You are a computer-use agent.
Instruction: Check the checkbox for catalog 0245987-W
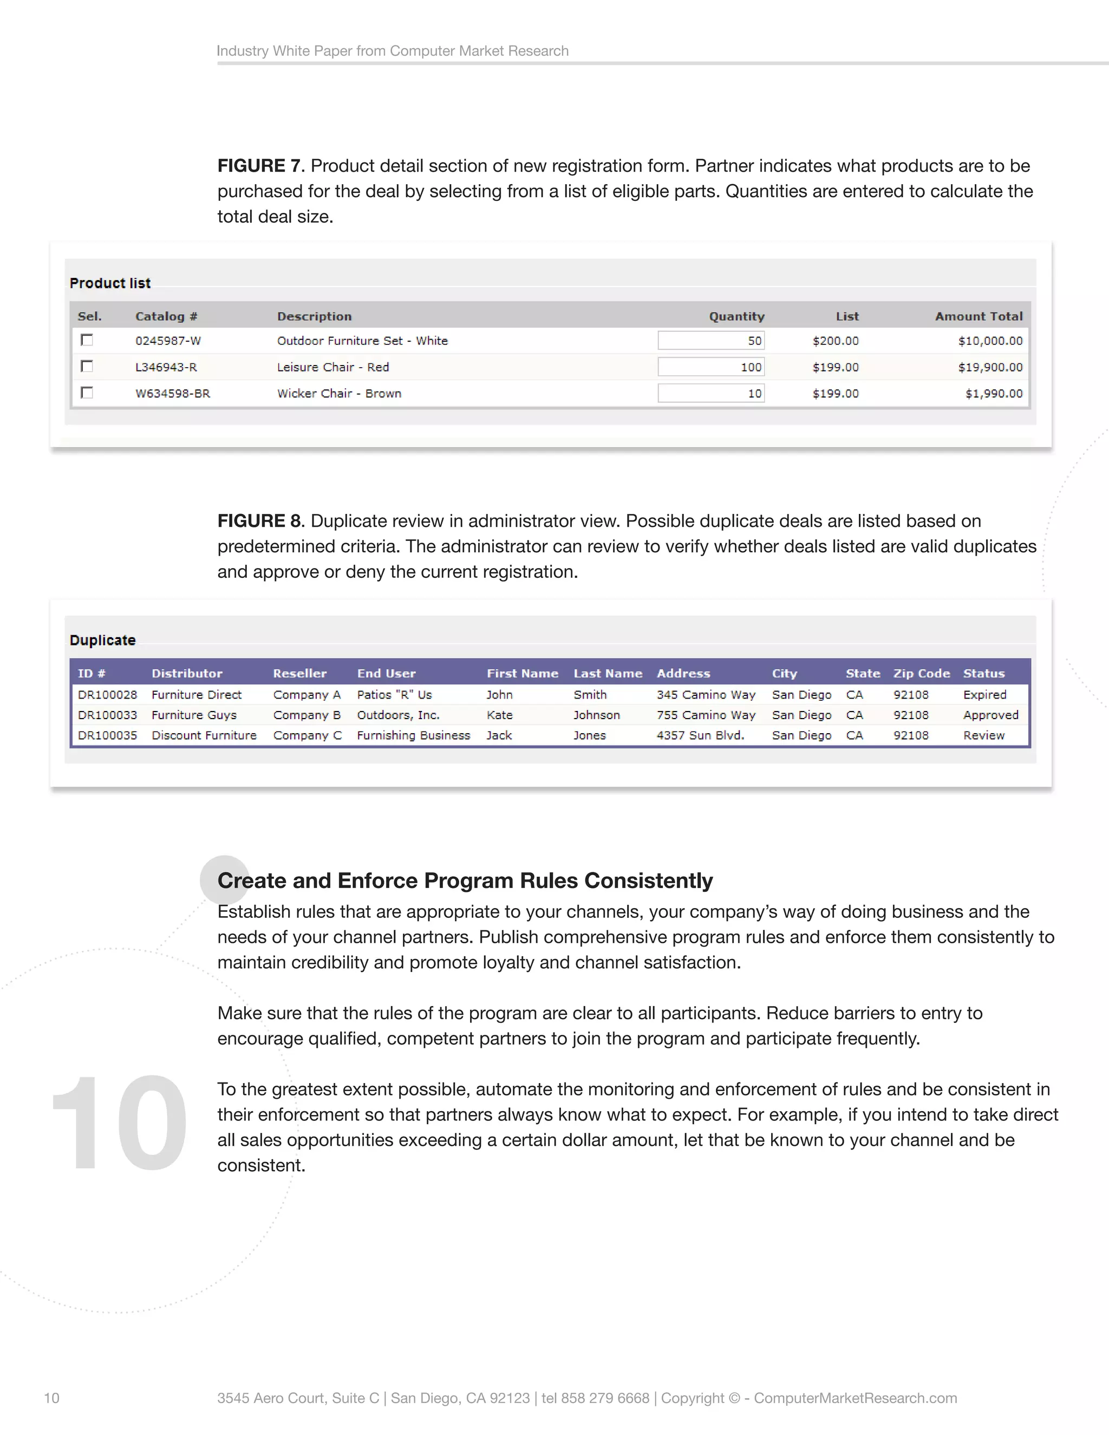pyautogui.click(x=87, y=340)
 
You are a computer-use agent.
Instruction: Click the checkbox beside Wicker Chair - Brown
pyautogui.click(x=87, y=392)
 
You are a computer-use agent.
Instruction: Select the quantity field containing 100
pyautogui.click(x=711, y=367)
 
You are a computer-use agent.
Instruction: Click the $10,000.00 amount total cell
pyautogui.click(x=989, y=341)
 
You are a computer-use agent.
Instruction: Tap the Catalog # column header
pyautogui.click(x=166, y=316)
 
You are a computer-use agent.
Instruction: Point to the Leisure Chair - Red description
pyautogui.click(x=332, y=367)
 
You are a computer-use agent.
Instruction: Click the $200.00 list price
pyautogui.click(x=835, y=341)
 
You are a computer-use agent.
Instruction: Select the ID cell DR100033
pyautogui.click(x=107, y=715)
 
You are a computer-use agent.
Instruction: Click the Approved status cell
pyautogui.click(x=990, y=715)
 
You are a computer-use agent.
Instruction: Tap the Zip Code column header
pyautogui.click(x=921, y=674)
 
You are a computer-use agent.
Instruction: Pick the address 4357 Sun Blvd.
pyautogui.click(x=700, y=735)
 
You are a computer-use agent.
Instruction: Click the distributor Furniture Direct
pyautogui.click(x=197, y=695)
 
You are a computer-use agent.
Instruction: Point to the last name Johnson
pyautogui.click(x=596, y=715)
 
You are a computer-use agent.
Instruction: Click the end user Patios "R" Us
pyautogui.click(x=394, y=695)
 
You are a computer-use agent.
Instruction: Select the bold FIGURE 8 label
pyautogui.click(x=259, y=521)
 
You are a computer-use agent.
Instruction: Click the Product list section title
pyautogui.click(x=110, y=283)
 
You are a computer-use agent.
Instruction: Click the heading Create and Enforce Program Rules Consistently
pyautogui.click(x=465, y=880)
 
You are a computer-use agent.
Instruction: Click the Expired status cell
pyautogui.click(x=984, y=695)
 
